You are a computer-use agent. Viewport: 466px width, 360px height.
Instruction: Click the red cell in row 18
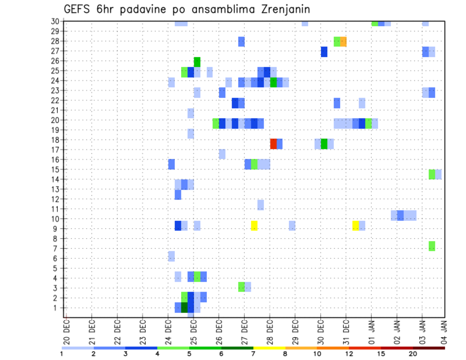click(x=273, y=144)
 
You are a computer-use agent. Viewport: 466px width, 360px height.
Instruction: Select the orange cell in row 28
click(x=343, y=41)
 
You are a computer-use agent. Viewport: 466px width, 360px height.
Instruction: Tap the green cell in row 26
click(x=197, y=62)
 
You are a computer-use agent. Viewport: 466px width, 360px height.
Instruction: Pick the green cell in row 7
click(x=432, y=246)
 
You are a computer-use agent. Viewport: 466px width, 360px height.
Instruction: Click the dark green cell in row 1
click(x=184, y=307)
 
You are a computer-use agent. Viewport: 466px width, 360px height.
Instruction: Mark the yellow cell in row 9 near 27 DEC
click(x=254, y=226)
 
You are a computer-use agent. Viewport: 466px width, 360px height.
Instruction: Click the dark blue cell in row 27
click(x=324, y=51)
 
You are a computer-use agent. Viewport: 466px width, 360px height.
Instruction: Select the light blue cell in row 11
click(x=261, y=205)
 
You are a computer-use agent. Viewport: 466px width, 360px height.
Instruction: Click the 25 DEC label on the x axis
click(x=193, y=332)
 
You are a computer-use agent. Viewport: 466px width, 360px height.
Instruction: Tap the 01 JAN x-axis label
click(x=371, y=332)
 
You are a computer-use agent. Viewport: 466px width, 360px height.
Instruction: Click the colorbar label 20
click(x=413, y=353)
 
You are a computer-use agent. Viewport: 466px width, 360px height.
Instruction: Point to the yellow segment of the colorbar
click(x=269, y=348)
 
